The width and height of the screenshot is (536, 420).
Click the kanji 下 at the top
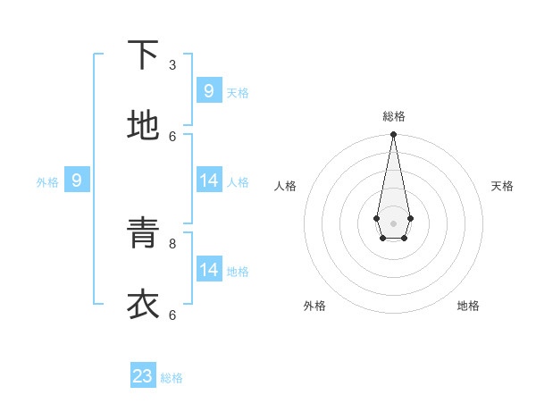click(x=143, y=55)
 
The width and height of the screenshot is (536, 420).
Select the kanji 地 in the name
click(x=143, y=126)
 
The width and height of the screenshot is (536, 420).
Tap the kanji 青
click(x=143, y=234)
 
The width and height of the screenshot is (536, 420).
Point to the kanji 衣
click(x=143, y=305)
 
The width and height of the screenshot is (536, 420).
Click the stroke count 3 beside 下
click(x=172, y=64)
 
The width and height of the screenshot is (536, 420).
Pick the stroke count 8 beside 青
click(x=172, y=243)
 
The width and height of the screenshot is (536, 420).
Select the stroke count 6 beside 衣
click(x=172, y=315)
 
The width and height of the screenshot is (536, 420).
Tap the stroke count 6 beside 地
click(x=172, y=136)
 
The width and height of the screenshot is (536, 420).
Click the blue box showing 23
click(x=143, y=376)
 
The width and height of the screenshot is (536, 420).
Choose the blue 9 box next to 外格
click(x=77, y=181)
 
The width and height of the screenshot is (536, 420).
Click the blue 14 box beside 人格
click(x=209, y=181)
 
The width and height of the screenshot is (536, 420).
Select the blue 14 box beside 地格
click(x=209, y=270)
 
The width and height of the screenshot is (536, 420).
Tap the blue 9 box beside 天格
click(x=209, y=91)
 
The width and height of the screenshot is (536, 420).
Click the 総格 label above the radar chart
click(x=393, y=116)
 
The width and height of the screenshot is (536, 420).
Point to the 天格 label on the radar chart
click(x=502, y=186)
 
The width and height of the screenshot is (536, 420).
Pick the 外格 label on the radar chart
click(x=314, y=306)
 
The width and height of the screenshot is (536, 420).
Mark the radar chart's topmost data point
click(x=393, y=135)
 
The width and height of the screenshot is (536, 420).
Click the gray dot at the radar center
click(x=393, y=223)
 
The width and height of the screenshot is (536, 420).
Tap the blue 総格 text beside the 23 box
click(x=172, y=378)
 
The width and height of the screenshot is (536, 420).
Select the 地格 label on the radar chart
click(x=468, y=306)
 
